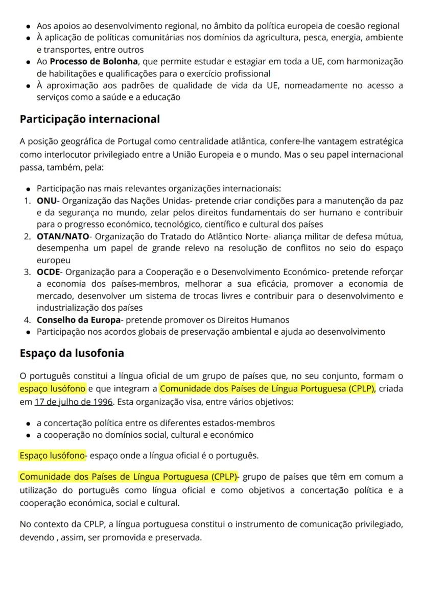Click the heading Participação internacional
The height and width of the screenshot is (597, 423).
(89, 119)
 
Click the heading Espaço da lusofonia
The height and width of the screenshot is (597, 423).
(72, 353)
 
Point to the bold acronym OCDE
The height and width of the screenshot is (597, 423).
(48, 271)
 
